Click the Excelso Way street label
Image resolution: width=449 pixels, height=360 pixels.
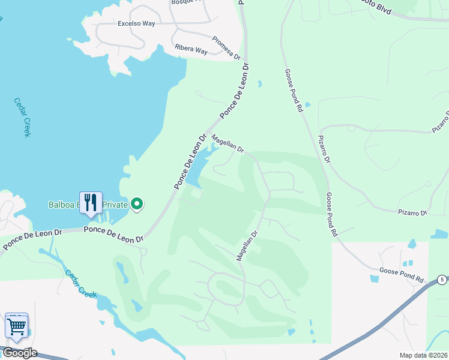tap(136, 24)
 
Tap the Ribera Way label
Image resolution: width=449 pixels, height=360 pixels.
tap(191, 49)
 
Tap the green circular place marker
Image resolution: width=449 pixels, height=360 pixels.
tap(137, 205)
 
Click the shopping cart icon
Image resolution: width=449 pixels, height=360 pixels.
tap(16, 326)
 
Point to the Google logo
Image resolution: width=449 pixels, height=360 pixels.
tap(19, 353)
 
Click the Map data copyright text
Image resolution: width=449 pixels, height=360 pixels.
tap(422, 355)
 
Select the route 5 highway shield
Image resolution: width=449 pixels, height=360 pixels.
tap(442, 280)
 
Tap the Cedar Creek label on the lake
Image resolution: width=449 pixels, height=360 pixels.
tap(22, 117)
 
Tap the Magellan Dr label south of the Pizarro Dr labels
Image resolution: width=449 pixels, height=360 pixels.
tap(247, 246)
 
